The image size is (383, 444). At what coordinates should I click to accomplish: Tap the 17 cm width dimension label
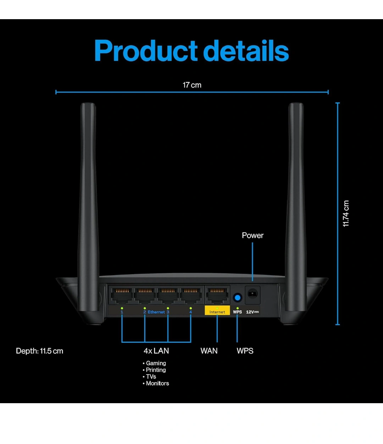tap(192, 85)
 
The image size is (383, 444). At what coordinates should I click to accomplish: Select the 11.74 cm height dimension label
tap(346, 214)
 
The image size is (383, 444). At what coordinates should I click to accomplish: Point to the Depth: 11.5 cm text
tap(39, 351)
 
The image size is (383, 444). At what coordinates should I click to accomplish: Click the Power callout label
tap(252, 235)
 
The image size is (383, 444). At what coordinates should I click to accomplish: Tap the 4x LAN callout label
tap(156, 351)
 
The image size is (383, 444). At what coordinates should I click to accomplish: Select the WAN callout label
tap(209, 351)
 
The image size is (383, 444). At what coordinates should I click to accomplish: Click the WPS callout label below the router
tap(245, 351)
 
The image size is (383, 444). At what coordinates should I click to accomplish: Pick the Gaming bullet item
tap(156, 363)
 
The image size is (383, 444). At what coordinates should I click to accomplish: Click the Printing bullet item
tap(156, 370)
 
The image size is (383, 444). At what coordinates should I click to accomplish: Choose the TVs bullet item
tap(151, 377)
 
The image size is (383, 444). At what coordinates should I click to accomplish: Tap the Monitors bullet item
tap(157, 383)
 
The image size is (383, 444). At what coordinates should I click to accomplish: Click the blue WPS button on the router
tap(237, 297)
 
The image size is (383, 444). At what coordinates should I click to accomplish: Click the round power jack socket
tap(252, 294)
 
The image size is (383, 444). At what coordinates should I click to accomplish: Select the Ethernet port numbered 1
tap(122, 295)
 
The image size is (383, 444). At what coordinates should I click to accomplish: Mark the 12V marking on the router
tap(252, 312)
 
